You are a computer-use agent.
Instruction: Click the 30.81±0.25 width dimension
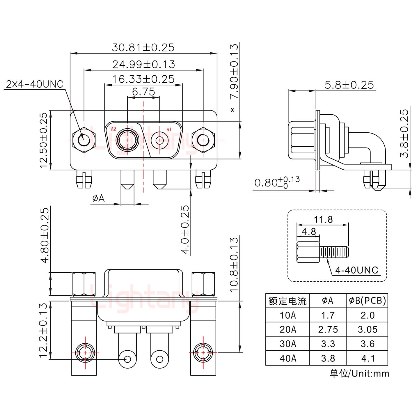point(143,47)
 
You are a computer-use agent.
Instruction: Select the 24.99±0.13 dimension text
point(143,64)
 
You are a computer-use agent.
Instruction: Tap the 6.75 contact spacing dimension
point(143,92)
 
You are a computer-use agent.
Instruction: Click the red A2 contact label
point(113,129)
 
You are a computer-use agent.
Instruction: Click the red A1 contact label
point(169,129)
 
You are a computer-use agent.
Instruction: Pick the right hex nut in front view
point(203,141)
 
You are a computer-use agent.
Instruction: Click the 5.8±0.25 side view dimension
point(349,85)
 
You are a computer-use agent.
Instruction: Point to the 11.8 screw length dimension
point(323,219)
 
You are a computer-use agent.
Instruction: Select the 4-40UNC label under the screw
point(356,270)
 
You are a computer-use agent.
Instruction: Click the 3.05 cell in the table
point(367,329)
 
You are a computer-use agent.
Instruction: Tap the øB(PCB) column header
point(367,301)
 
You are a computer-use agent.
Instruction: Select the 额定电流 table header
point(287,301)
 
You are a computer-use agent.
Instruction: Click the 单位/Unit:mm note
point(359,374)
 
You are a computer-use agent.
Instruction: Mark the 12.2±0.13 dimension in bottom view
point(43,330)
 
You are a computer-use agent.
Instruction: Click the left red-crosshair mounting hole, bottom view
point(85,353)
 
